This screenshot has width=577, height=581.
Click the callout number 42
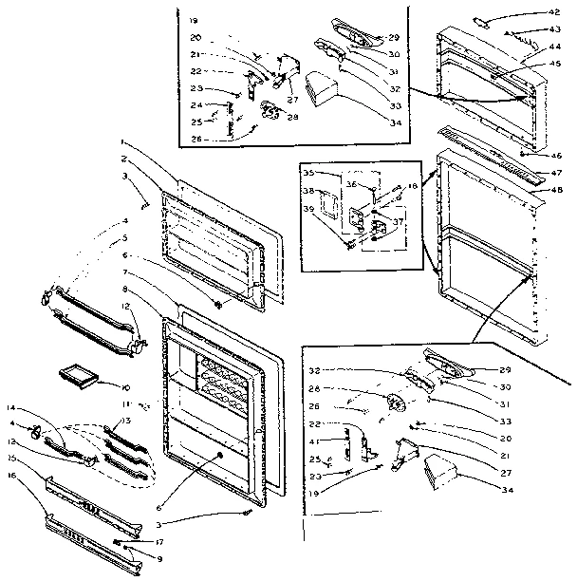tap(555, 12)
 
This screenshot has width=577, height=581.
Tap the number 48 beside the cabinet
tap(556, 189)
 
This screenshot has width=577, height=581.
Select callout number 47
tap(556, 174)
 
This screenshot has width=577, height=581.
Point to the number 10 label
tap(125, 387)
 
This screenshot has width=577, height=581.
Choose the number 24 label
tap(195, 104)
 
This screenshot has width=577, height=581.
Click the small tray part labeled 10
tap(81, 376)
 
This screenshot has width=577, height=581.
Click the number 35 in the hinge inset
tap(309, 175)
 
